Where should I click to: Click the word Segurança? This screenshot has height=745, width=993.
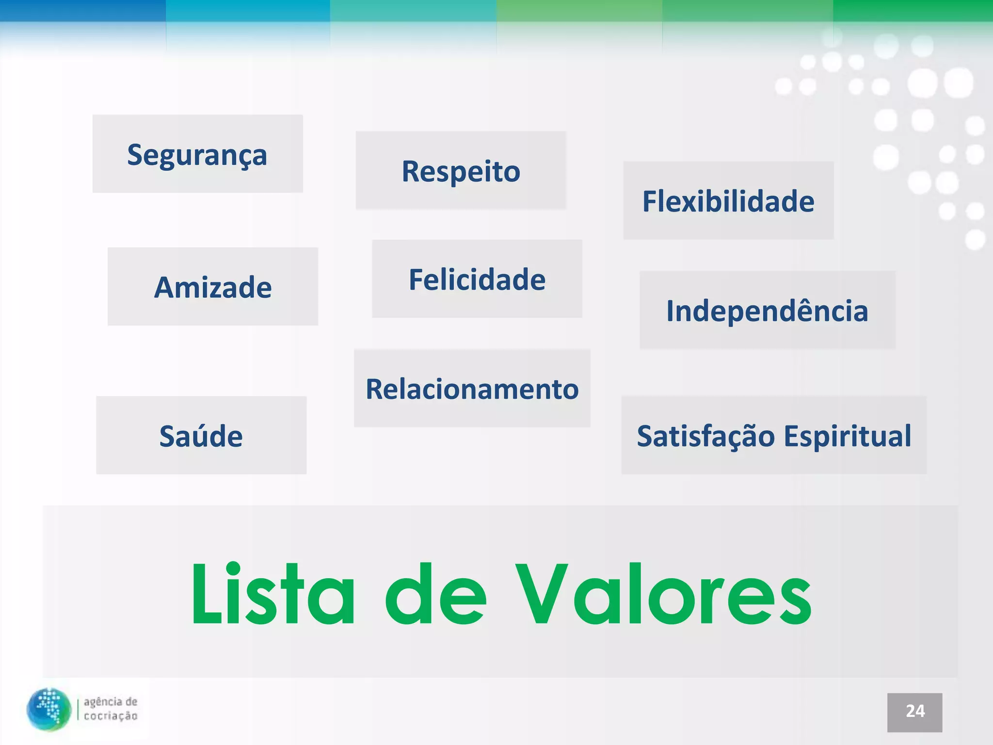[x=197, y=155]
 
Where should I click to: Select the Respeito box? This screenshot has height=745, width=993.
[x=461, y=171]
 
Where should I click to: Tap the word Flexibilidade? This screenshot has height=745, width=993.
[x=728, y=201]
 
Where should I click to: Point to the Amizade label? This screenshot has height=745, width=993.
[x=213, y=287]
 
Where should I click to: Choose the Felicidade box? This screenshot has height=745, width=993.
[x=477, y=279]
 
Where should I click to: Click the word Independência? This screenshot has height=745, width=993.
[x=767, y=310]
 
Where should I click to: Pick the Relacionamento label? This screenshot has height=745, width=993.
[x=472, y=389]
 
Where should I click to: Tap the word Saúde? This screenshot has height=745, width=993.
[x=201, y=436]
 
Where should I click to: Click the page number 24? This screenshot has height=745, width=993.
[x=914, y=712]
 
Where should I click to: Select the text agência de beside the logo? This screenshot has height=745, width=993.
[x=111, y=702]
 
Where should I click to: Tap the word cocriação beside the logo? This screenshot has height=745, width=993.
[x=111, y=716]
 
